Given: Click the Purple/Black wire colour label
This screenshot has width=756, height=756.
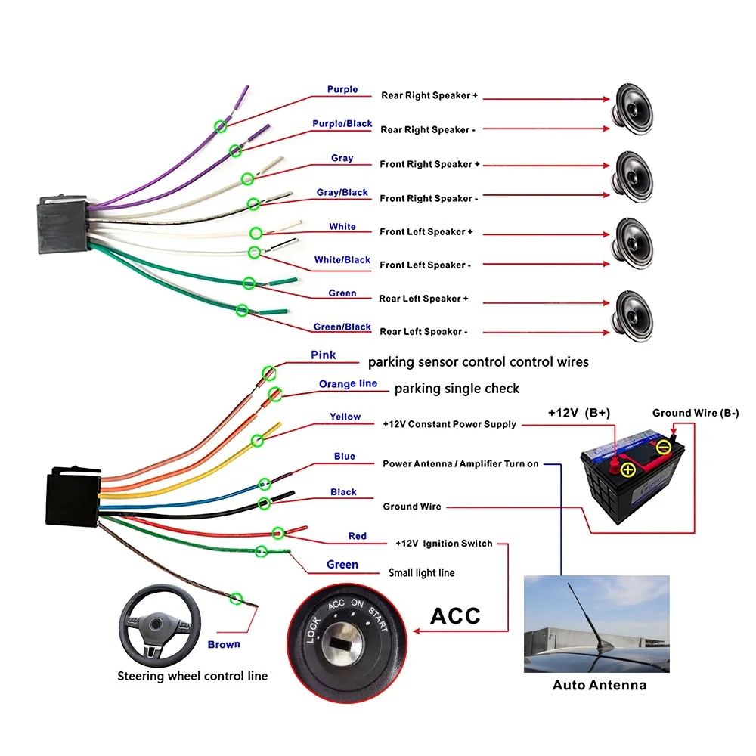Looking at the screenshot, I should [x=342, y=124].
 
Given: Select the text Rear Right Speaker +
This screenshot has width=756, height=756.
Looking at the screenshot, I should [x=429, y=96].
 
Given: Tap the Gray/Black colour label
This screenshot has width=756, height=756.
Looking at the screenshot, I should [x=342, y=193].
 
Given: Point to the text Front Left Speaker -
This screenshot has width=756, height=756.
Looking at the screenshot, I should [x=426, y=265].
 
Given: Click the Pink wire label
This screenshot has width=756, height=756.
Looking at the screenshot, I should [x=324, y=355].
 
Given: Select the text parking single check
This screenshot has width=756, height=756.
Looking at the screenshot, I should [x=457, y=389].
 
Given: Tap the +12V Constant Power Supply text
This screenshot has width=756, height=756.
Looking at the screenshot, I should [x=450, y=424].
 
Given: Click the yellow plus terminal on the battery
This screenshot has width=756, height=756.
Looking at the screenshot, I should [x=627, y=470].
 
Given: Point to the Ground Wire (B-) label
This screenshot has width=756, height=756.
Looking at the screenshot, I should [x=696, y=413].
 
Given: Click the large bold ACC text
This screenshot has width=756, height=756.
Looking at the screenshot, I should [x=455, y=615].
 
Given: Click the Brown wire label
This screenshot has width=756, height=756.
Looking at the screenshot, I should [x=224, y=645].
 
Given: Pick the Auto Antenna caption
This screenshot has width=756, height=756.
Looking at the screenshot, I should [x=600, y=686].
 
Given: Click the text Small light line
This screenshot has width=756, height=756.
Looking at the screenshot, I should [x=422, y=573].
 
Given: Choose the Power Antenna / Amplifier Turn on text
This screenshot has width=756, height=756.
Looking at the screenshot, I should [x=460, y=464].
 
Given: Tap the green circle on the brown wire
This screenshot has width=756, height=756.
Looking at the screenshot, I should [x=237, y=599].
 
